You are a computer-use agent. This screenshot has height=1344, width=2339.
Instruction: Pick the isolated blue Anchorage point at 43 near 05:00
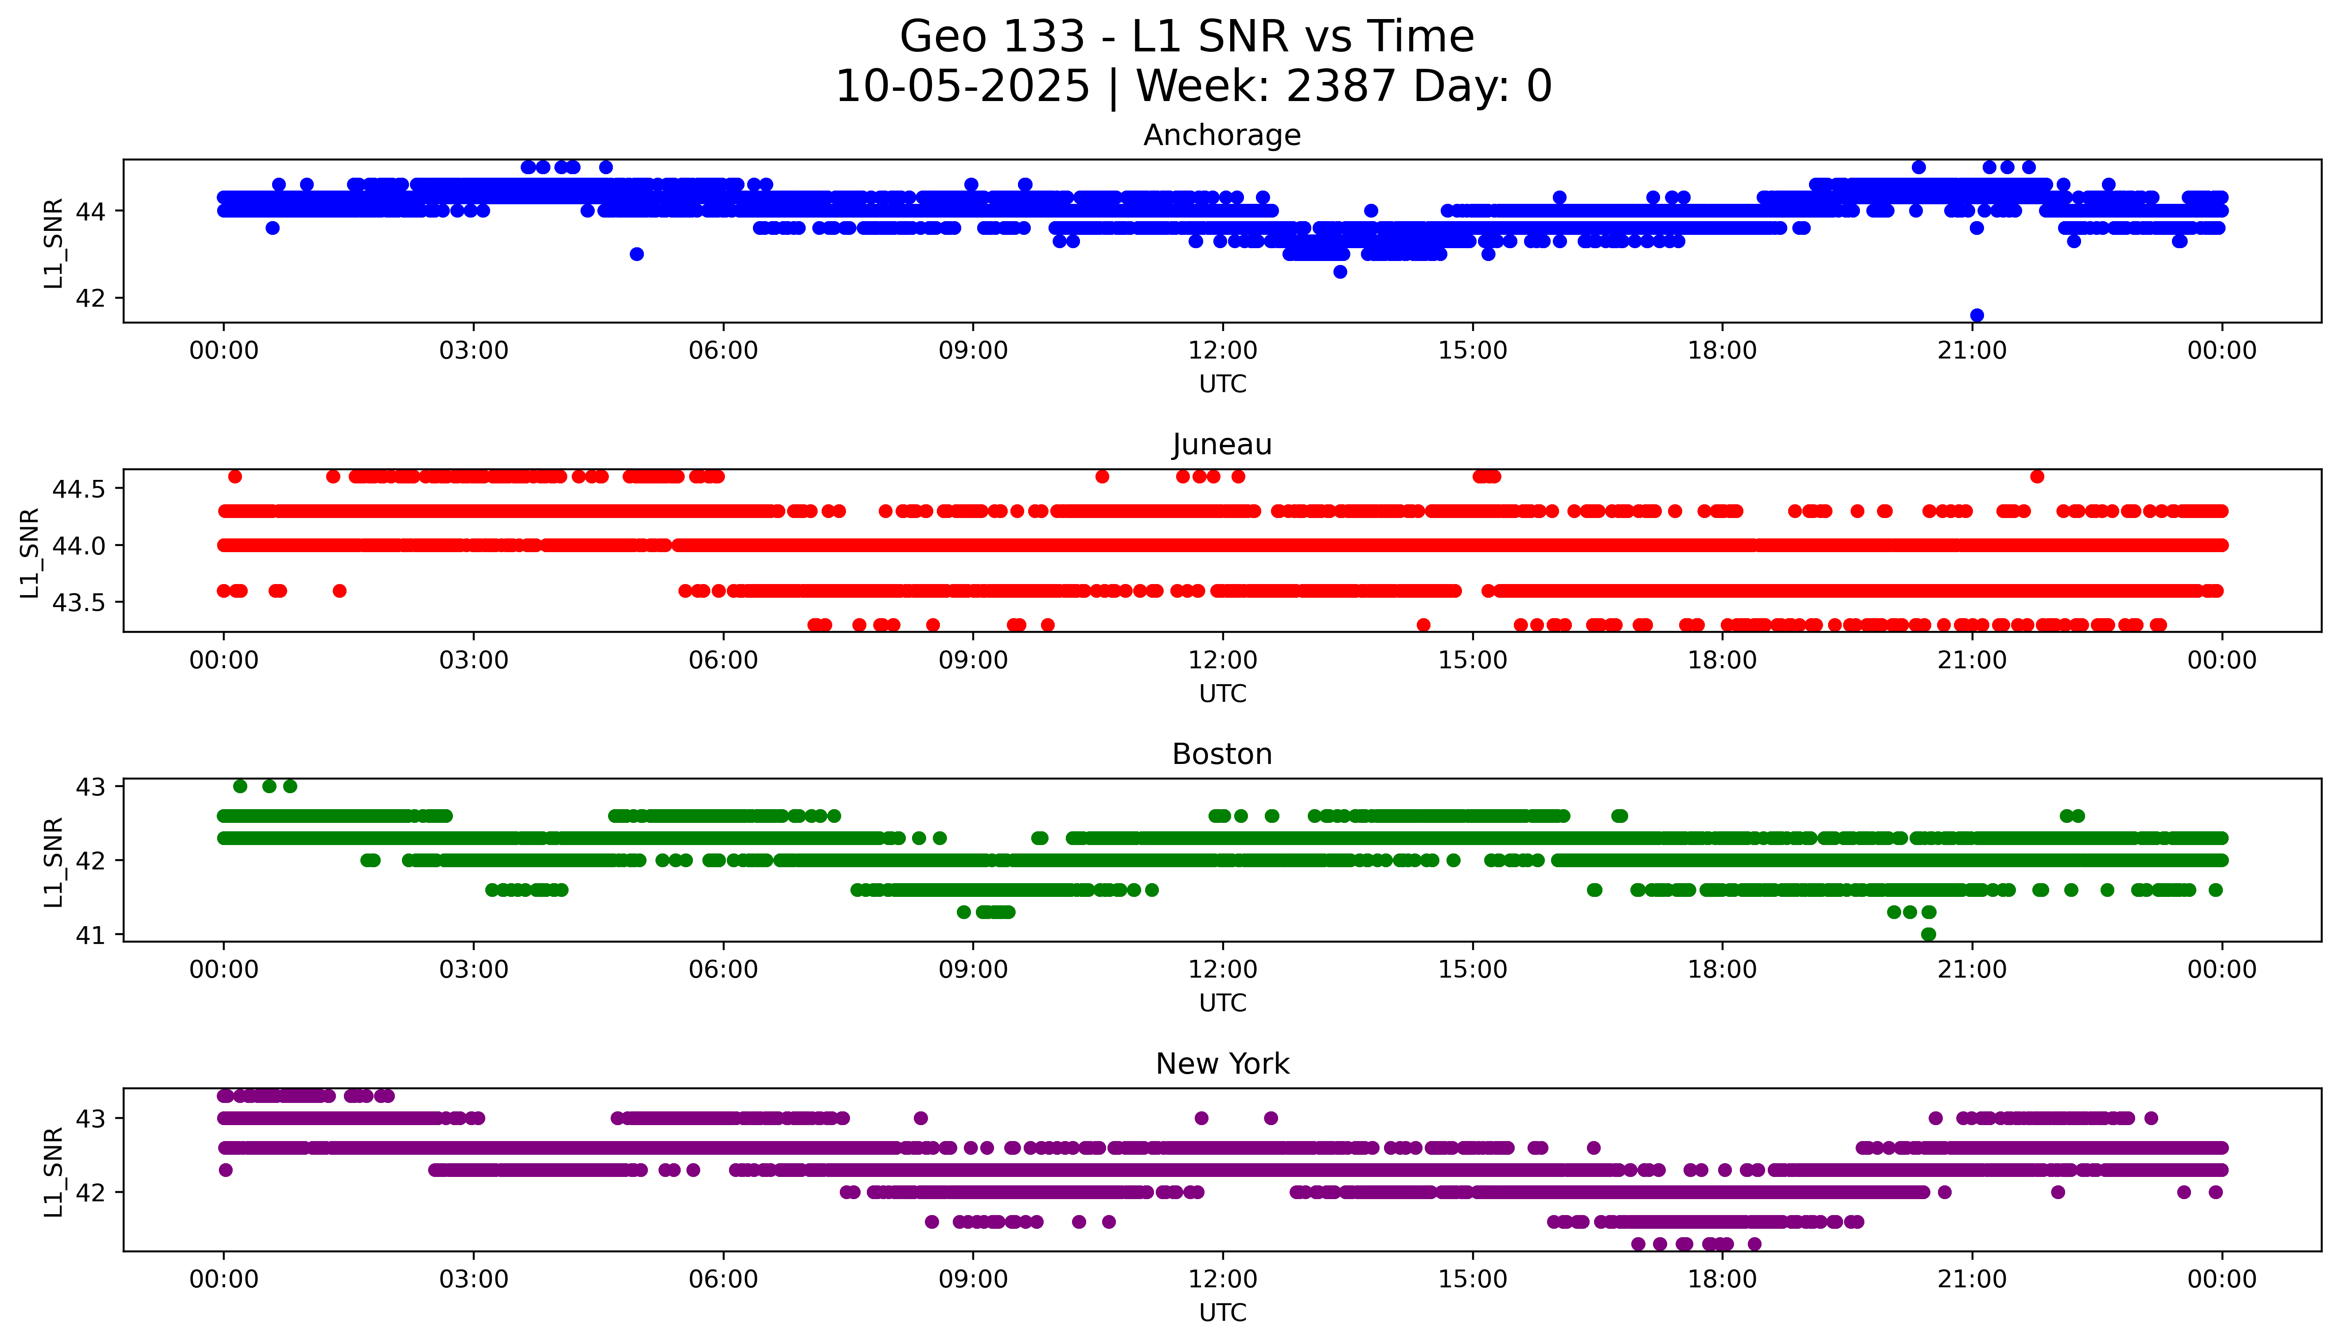pos(636,254)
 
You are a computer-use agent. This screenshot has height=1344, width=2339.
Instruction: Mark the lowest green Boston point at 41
pos(1928,934)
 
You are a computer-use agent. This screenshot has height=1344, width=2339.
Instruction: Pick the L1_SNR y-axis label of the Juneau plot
pos(30,552)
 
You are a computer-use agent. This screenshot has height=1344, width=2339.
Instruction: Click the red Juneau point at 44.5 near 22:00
pos(2037,476)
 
